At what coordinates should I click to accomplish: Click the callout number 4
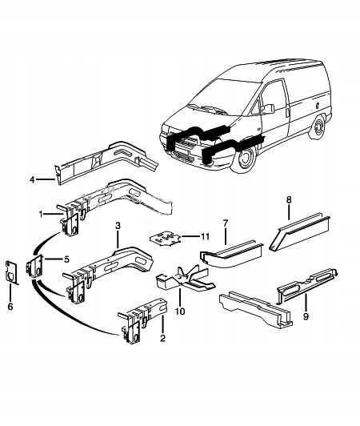pos(32,180)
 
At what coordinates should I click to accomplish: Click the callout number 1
pos(41,213)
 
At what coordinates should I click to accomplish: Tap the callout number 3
pos(118,227)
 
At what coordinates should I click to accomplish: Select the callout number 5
pos(66,259)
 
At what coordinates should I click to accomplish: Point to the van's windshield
pos(220,100)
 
